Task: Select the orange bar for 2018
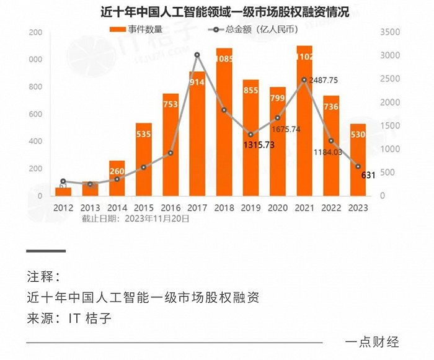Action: (x=224, y=124)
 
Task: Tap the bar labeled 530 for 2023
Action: (x=358, y=161)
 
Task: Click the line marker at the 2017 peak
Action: (x=197, y=55)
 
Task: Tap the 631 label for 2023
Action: (x=368, y=175)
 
